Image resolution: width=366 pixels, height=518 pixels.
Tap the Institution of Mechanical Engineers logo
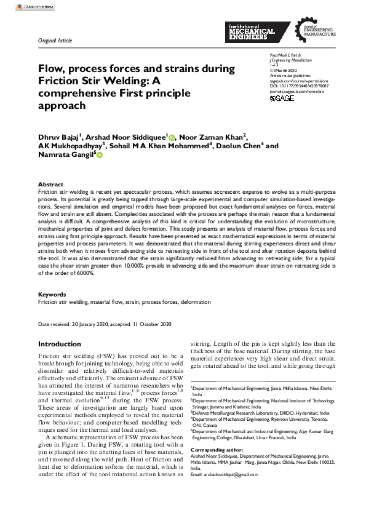point(257,31)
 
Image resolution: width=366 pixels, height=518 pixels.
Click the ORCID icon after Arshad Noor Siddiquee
point(172,138)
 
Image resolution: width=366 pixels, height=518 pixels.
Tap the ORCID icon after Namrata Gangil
point(99,157)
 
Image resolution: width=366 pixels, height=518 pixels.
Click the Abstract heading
point(50,185)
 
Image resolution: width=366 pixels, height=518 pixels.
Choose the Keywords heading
point(52,295)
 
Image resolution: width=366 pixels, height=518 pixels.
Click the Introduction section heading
point(60,344)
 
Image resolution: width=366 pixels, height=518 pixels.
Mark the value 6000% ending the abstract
point(81,273)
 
